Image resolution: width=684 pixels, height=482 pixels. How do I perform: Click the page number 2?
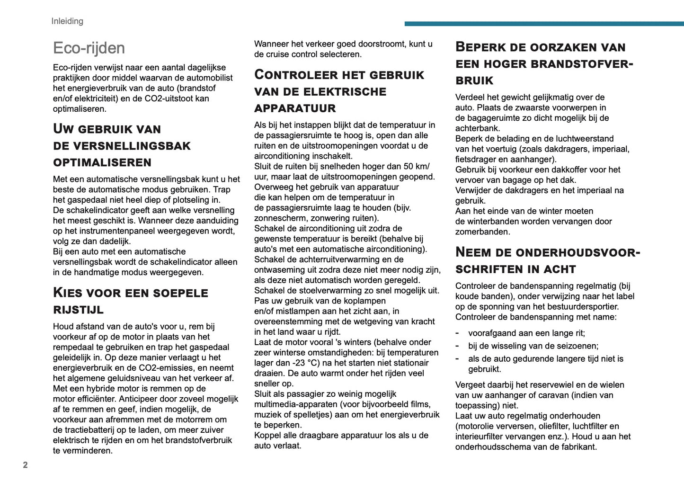click(26, 465)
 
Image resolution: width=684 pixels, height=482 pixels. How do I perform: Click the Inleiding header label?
click(67, 21)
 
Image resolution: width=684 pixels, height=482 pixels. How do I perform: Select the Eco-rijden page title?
click(89, 48)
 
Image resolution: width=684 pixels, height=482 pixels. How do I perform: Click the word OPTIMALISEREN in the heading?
click(102, 162)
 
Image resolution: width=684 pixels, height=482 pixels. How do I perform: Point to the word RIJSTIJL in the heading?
click(78, 310)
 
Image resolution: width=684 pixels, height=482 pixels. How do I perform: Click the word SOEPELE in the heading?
click(181, 293)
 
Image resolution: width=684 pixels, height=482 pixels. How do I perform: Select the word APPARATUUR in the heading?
click(295, 108)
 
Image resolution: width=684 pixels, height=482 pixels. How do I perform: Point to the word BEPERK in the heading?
click(480, 47)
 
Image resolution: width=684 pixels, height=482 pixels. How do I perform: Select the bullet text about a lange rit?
click(526, 333)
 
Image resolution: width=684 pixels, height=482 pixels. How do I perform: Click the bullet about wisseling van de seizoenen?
click(533, 346)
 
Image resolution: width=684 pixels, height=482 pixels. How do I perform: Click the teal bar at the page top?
click(544, 24)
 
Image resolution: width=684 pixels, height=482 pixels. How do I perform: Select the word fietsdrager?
click(479, 160)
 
